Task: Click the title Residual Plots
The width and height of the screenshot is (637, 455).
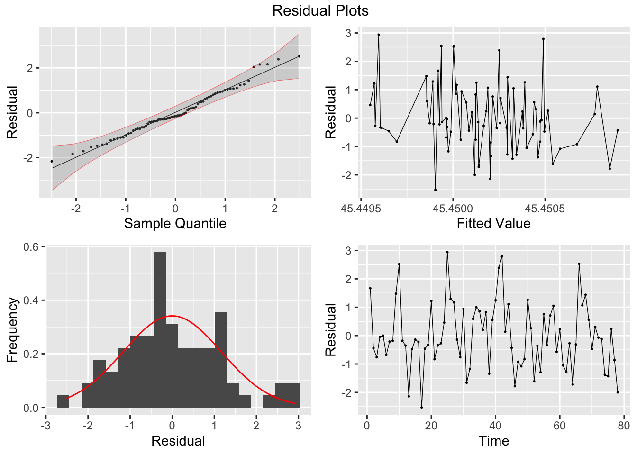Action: (x=320, y=10)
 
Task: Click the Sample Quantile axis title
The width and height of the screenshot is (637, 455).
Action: (x=175, y=223)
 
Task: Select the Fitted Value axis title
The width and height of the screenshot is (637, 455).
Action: (x=493, y=223)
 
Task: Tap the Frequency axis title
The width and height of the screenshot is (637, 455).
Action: (x=12, y=330)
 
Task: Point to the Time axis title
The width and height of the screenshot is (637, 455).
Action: (x=493, y=441)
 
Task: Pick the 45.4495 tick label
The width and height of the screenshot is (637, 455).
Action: (x=361, y=209)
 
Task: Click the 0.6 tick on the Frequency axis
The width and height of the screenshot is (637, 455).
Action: (x=31, y=246)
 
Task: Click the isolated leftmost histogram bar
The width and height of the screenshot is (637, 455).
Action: (x=63, y=401)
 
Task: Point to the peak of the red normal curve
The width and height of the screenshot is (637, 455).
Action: (x=172, y=316)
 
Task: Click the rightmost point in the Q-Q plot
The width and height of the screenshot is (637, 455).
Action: (x=299, y=56)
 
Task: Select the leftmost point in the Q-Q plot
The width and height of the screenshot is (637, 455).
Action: (x=52, y=161)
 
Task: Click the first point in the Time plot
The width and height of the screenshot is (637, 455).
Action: (x=370, y=288)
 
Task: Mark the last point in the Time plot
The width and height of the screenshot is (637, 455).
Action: (x=618, y=392)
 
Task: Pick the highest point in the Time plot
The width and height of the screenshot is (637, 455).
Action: (x=447, y=252)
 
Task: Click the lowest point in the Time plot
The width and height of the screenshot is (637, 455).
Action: (x=421, y=407)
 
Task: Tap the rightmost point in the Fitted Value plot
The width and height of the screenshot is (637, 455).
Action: (x=618, y=130)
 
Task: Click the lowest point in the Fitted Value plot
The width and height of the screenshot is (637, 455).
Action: (x=435, y=190)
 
